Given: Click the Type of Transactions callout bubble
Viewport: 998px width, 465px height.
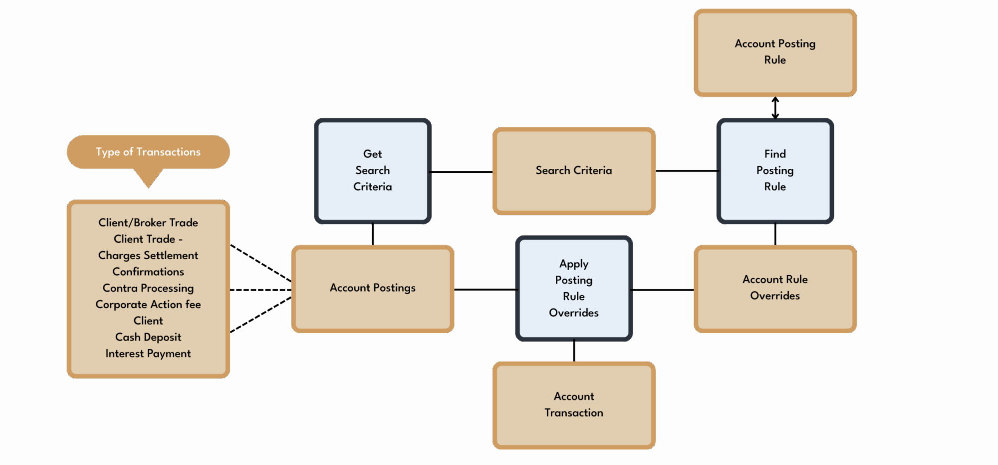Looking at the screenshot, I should [x=148, y=152].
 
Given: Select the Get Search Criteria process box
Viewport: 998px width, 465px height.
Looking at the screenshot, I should [x=372, y=170].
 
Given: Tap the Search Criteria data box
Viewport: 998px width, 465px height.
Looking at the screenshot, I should [x=573, y=170].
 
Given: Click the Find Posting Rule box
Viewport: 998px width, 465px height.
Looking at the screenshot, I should [x=774, y=170].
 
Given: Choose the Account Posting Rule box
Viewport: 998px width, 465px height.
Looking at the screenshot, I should [x=774, y=52].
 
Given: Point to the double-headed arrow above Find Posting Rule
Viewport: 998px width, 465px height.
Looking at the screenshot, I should [x=775, y=108].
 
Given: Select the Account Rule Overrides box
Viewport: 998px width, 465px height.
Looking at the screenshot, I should [x=774, y=288].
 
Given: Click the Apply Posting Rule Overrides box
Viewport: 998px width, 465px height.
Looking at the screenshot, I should [x=573, y=288].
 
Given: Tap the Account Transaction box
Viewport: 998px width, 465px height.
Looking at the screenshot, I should [x=573, y=405].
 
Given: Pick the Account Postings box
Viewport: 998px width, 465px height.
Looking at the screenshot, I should [x=372, y=288].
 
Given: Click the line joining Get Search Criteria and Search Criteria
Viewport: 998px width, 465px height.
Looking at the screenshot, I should [x=461, y=172].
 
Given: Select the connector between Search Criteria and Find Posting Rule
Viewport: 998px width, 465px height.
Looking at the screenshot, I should [x=687, y=171].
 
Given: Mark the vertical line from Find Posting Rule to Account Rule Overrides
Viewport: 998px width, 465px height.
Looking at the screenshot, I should [x=775, y=234].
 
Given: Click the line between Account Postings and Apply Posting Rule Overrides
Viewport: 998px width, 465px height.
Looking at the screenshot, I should [x=485, y=289].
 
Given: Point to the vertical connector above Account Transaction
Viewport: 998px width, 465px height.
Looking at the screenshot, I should [x=574, y=351].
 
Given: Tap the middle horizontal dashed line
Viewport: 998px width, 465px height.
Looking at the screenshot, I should [x=260, y=290].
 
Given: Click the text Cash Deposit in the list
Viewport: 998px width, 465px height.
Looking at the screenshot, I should [x=148, y=337].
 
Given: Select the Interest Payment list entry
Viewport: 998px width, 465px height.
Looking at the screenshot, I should [x=148, y=354].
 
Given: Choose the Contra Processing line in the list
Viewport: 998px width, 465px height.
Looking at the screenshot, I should [x=148, y=288].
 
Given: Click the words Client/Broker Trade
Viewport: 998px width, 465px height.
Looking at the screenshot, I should [x=148, y=223].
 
